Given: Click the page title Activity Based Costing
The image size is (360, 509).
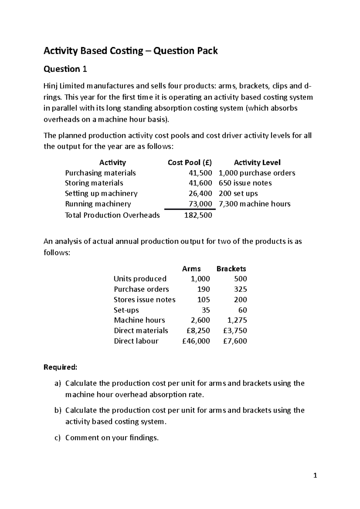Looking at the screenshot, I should pyautogui.click(x=130, y=51).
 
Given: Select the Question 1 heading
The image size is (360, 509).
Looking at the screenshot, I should pyautogui.click(x=65, y=69).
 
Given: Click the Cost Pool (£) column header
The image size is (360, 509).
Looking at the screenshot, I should pyautogui.click(x=190, y=162).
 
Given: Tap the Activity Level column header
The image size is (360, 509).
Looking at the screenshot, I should pyautogui.click(x=257, y=162).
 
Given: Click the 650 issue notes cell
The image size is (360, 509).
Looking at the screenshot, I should pyautogui.click(x=245, y=183).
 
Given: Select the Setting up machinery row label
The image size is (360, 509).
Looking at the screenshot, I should pyautogui.click(x=101, y=194).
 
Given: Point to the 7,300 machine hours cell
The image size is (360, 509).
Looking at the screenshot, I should pyautogui.click(x=254, y=204).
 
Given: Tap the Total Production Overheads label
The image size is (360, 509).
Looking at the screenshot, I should pyautogui.click(x=112, y=215).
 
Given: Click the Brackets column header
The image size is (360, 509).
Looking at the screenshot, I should pyautogui.click(x=231, y=269).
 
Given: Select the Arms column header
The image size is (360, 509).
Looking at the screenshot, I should pyautogui.click(x=191, y=269).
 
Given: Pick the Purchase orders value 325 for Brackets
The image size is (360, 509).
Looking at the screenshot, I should pyautogui.click(x=241, y=289).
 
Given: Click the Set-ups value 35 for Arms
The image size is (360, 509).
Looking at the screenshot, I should pyautogui.click(x=206, y=310).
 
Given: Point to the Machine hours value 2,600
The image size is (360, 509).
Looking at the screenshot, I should pyautogui.click(x=201, y=320).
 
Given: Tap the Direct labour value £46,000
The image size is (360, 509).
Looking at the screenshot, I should pyautogui.click(x=196, y=341).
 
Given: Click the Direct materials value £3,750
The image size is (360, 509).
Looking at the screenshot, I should pyautogui.click(x=235, y=331).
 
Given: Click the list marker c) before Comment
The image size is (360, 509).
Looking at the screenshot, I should pyautogui.click(x=58, y=438).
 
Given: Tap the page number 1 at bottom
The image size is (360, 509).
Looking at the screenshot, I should pyautogui.click(x=315, y=475).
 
